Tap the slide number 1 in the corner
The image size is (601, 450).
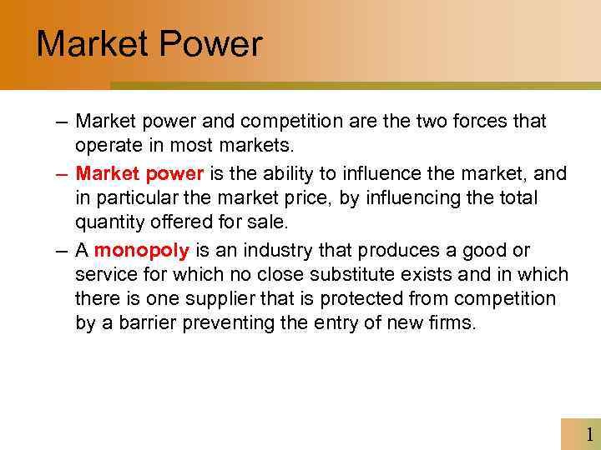589,434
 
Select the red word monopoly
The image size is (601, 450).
143,251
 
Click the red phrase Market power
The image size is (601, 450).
139,173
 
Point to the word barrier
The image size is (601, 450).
140,322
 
